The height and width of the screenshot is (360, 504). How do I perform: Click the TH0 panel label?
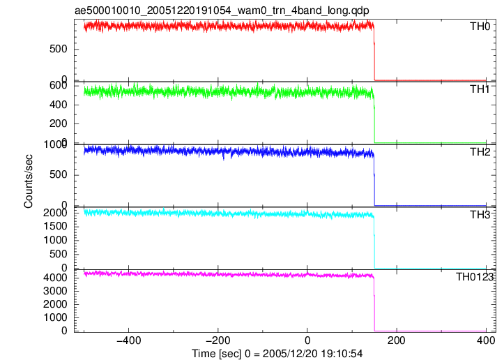click(480, 27)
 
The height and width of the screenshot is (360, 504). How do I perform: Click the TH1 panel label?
click(480, 89)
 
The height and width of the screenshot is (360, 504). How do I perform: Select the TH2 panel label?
click(480, 152)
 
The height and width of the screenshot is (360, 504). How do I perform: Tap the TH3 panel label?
click(480, 215)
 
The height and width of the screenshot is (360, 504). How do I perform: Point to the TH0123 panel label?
click(475, 277)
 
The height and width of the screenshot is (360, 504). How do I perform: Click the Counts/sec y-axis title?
click(29, 181)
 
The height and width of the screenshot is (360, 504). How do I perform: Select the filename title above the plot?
click(222, 10)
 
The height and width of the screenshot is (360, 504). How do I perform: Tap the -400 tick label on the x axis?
click(128, 340)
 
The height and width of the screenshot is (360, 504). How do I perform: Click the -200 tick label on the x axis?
click(218, 340)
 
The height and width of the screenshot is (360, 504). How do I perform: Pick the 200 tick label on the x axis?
click(397, 340)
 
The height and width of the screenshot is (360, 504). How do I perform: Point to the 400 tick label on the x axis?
click(486, 340)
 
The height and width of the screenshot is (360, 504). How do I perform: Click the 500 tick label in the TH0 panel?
click(58, 50)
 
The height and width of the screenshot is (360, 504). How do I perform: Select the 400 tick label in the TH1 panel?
click(58, 105)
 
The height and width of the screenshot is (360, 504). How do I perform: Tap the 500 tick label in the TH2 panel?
click(58, 174)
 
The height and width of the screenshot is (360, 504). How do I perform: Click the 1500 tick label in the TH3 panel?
click(55, 226)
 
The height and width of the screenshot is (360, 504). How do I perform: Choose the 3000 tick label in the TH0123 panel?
click(55, 291)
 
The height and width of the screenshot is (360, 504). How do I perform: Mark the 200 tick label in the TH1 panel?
click(58, 123)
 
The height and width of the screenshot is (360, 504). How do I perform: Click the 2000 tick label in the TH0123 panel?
click(55, 304)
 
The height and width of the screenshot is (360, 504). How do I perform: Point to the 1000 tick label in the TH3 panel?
click(55, 240)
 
